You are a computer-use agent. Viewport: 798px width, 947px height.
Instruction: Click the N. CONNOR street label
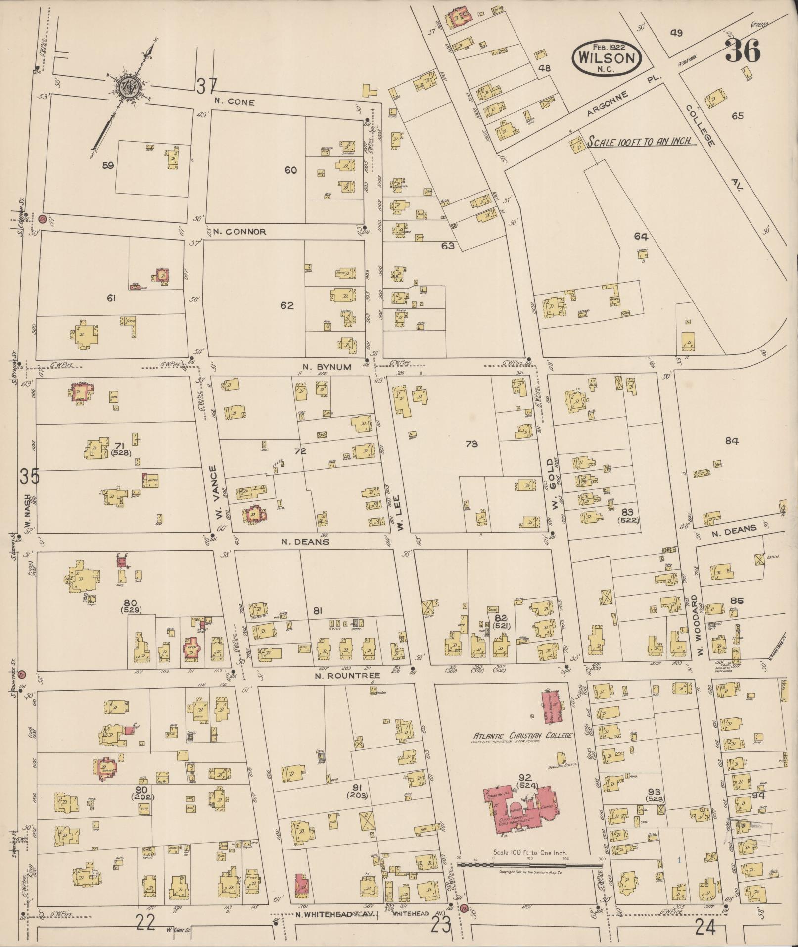[x=240, y=232]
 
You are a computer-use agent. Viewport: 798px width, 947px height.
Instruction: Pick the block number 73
[x=471, y=444]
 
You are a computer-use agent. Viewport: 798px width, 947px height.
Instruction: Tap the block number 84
[x=731, y=441]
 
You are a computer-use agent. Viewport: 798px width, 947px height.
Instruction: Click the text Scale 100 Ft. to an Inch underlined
[x=641, y=141]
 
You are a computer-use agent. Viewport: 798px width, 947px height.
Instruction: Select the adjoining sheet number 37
[x=206, y=87]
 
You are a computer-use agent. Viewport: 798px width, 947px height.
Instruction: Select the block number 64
[x=641, y=237]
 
